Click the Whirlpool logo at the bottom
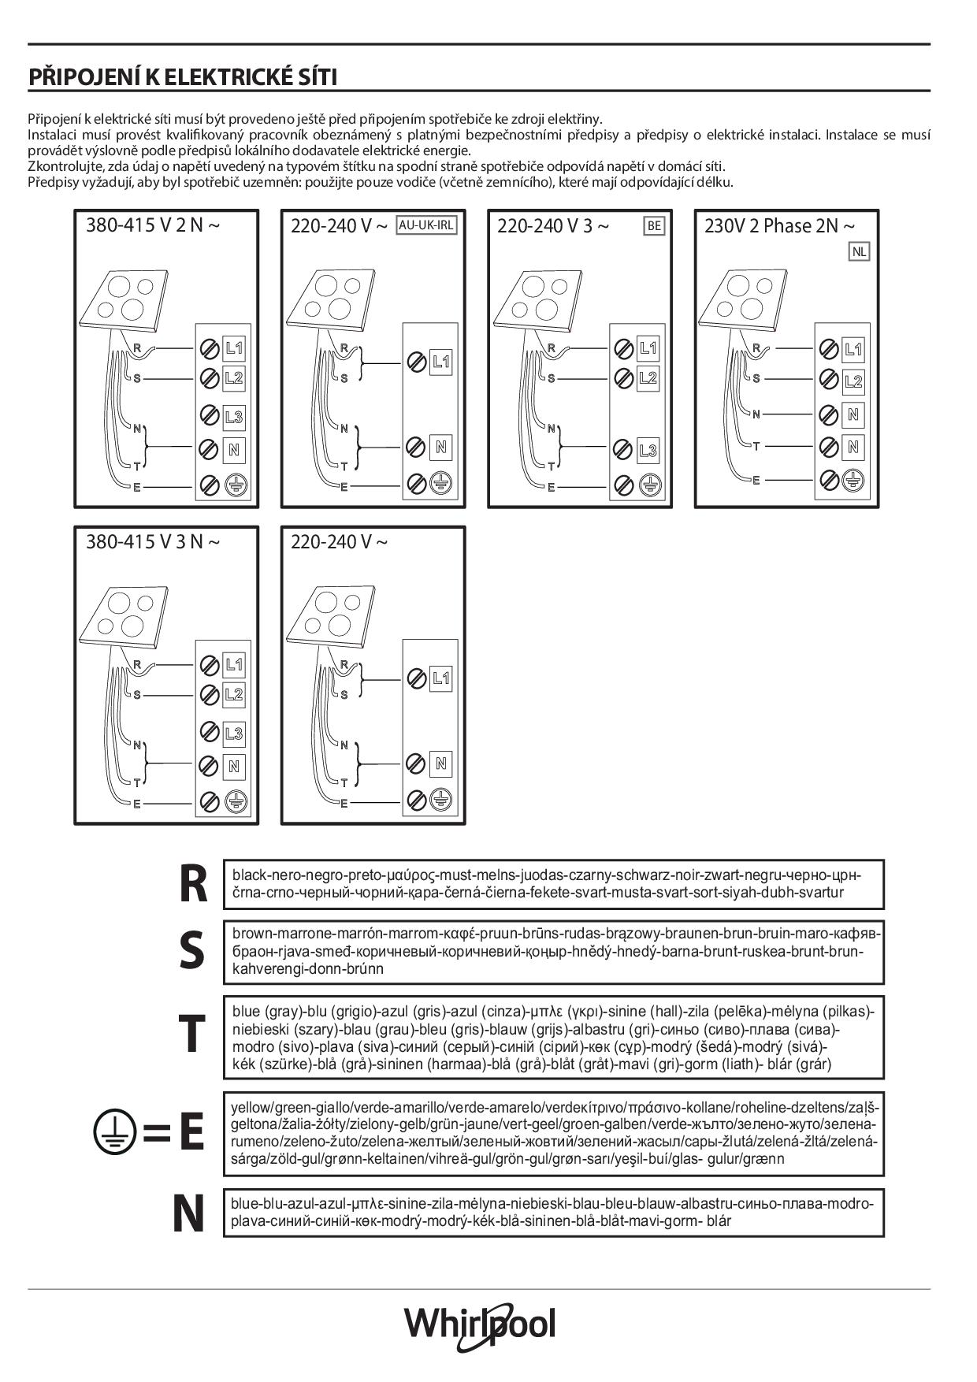pyautogui.click(x=480, y=1324)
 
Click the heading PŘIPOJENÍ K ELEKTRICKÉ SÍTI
pyautogui.click(x=183, y=77)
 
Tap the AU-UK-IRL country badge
pyautogui.click(x=426, y=225)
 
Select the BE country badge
pyautogui.click(x=654, y=226)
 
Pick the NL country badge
pyautogui.click(x=859, y=252)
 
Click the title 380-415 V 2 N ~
pyautogui.click(x=153, y=225)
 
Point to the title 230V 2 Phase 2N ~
pyautogui.click(x=778, y=226)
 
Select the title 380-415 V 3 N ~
pyautogui.click(x=153, y=542)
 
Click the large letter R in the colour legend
pyautogui.click(x=193, y=885)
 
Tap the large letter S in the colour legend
pyautogui.click(x=191, y=950)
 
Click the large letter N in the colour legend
pyautogui.click(x=188, y=1214)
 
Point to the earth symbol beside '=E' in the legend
pyautogui.click(x=115, y=1132)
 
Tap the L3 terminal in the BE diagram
pyautogui.click(x=648, y=451)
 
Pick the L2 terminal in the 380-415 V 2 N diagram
pyautogui.click(x=234, y=378)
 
